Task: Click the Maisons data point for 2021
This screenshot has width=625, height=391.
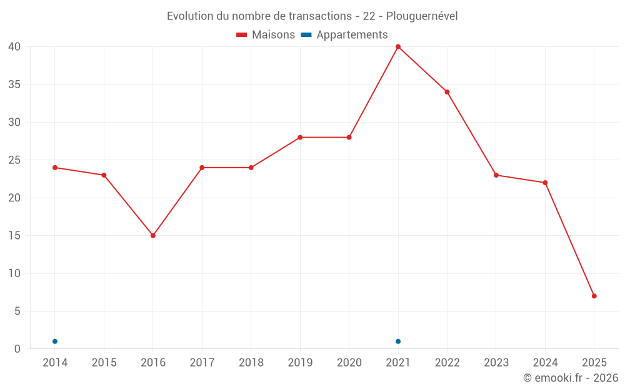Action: click(398, 47)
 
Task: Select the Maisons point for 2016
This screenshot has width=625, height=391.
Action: click(153, 236)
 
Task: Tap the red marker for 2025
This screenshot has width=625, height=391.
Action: click(594, 296)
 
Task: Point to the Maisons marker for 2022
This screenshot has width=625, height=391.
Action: click(447, 92)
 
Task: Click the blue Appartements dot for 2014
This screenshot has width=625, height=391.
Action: click(55, 342)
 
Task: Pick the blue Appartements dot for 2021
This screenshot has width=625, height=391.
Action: click(398, 342)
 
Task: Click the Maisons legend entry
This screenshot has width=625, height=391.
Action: click(266, 35)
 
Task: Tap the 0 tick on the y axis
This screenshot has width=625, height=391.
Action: click(17, 349)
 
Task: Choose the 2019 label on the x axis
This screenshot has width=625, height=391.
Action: click(300, 363)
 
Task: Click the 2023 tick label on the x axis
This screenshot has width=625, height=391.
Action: click(496, 363)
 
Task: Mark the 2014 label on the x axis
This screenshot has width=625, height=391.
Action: click(55, 363)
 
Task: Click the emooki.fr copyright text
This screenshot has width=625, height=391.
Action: click(571, 378)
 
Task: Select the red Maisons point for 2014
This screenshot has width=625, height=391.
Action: click(55, 168)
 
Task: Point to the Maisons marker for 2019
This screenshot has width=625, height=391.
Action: click(300, 138)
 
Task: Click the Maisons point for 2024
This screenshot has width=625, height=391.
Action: click(545, 183)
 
